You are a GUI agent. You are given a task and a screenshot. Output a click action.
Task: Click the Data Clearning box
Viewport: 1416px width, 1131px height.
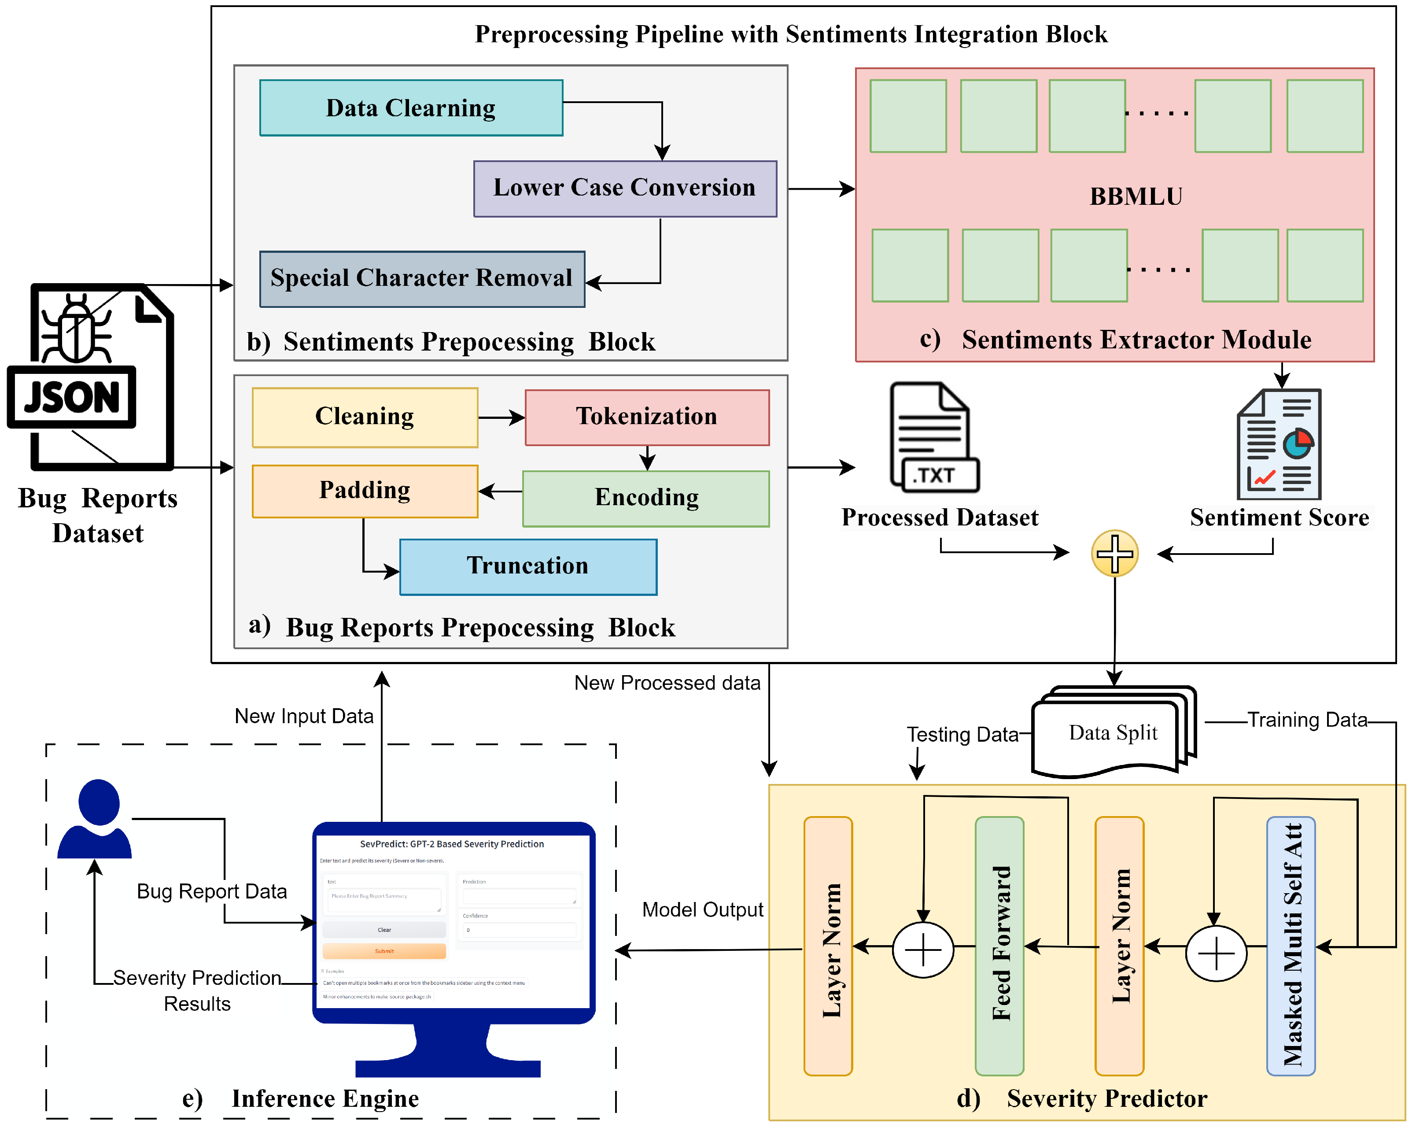coord(411,108)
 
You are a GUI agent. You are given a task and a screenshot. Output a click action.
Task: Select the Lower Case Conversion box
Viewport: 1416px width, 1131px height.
coord(625,188)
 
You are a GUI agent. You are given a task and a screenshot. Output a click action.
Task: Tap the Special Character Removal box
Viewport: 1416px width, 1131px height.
coord(422,278)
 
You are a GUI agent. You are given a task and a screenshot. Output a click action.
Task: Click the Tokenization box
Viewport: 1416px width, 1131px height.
coord(647,417)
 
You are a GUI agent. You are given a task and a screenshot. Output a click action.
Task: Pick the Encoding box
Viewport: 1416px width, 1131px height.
coord(646,498)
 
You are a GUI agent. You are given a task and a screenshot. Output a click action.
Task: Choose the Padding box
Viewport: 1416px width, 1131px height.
coord(365,491)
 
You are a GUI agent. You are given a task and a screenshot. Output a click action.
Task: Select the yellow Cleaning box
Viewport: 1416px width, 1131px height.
coord(365,417)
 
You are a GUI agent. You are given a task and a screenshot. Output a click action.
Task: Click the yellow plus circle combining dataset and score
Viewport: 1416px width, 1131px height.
coord(1114,553)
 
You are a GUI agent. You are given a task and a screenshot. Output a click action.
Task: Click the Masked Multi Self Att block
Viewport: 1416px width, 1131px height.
coord(1291,946)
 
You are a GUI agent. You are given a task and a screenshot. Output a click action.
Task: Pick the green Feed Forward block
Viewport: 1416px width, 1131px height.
coord(999,946)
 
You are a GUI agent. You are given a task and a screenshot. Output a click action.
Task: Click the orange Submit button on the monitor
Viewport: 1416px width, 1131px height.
coord(384,950)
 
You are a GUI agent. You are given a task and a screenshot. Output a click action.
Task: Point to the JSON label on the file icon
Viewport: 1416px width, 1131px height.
coord(72,397)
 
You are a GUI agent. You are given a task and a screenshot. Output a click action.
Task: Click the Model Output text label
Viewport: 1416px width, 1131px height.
coord(702,909)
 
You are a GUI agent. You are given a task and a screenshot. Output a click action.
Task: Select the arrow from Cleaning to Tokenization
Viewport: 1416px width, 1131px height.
coord(501,417)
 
